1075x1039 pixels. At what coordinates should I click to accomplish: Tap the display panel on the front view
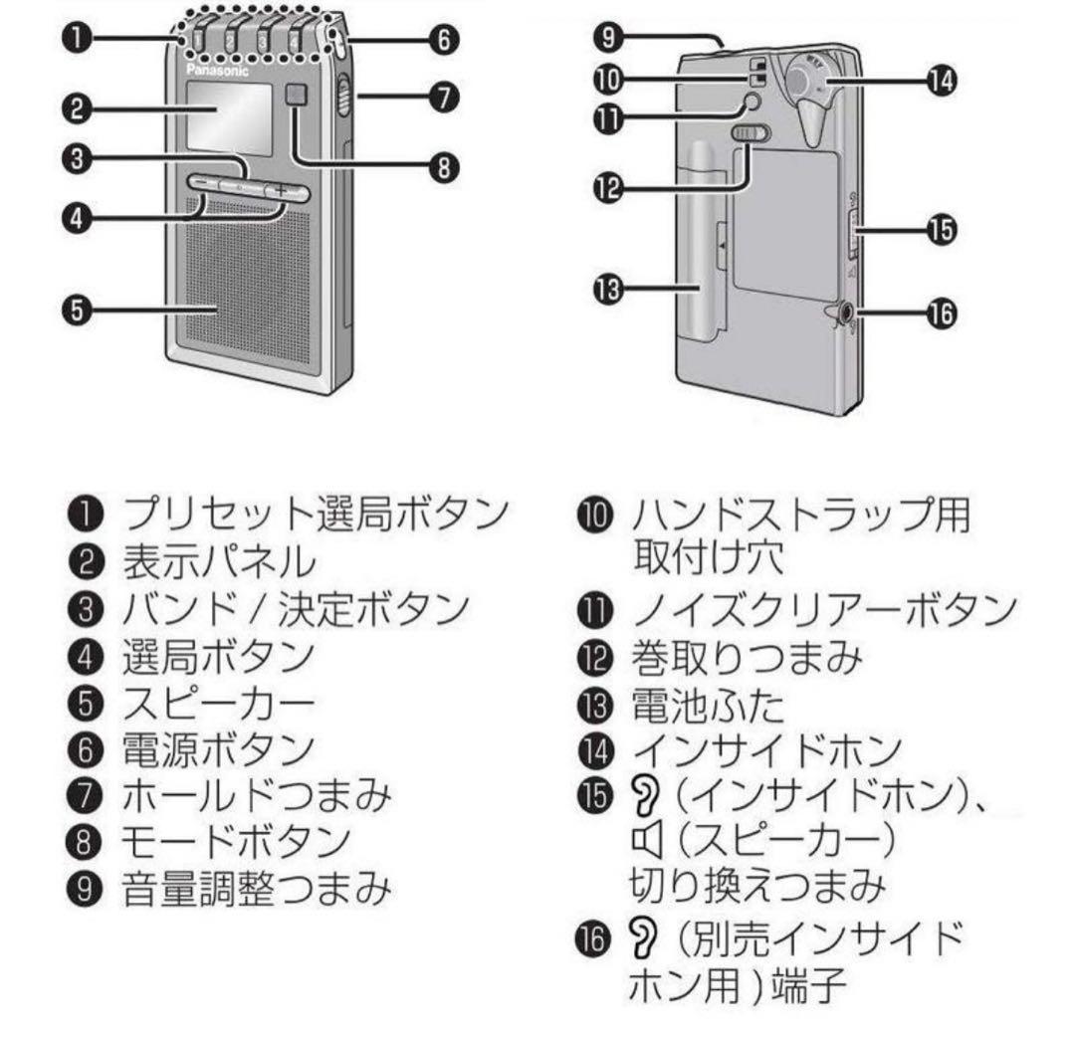(x=228, y=117)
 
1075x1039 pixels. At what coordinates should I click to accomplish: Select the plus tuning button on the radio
(x=281, y=189)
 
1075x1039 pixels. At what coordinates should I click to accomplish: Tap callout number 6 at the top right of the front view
(x=443, y=40)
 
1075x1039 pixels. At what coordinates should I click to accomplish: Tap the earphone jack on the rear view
(x=844, y=313)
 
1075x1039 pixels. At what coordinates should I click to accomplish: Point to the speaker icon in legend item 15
(x=647, y=843)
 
